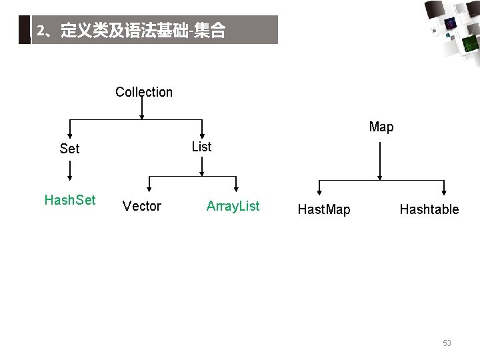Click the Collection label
[143, 92]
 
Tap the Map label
[381, 127]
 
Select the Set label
[69, 149]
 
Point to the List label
[201, 147]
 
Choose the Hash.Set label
[70, 200]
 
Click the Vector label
[142, 207]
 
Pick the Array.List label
[233, 206]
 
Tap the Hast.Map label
[324, 210]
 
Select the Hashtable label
[429, 209]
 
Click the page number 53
[447, 343]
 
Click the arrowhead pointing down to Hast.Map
[320, 193]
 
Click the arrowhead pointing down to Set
[70, 135]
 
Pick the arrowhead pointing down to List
[202, 135]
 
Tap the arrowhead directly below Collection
[141, 116]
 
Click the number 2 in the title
[41, 31]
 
